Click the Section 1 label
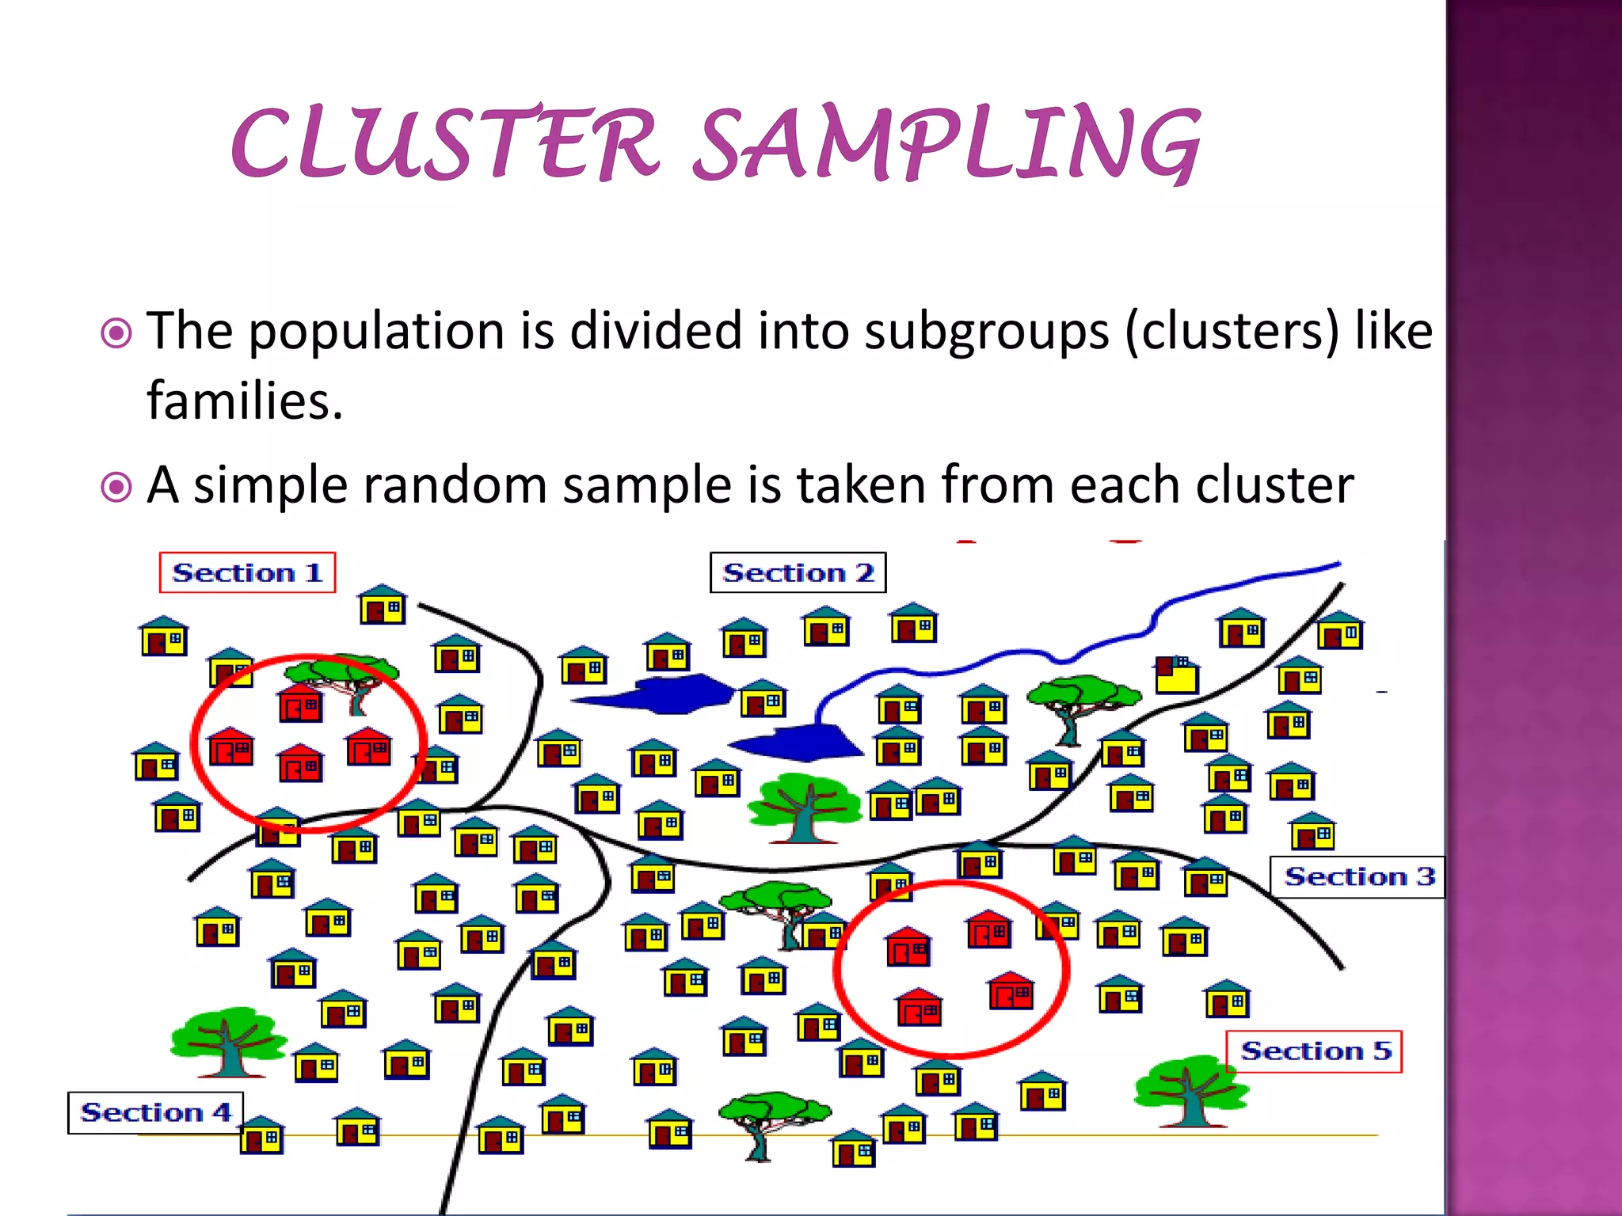(247, 572)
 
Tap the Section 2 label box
(798, 572)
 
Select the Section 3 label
(1357, 877)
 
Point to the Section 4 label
(155, 1113)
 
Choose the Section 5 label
(1314, 1051)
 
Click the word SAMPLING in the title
(947, 142)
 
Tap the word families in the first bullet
(245, 401)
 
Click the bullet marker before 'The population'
(117, 333)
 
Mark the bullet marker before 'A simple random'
(117, 488)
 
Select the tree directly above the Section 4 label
(228, 1042)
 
